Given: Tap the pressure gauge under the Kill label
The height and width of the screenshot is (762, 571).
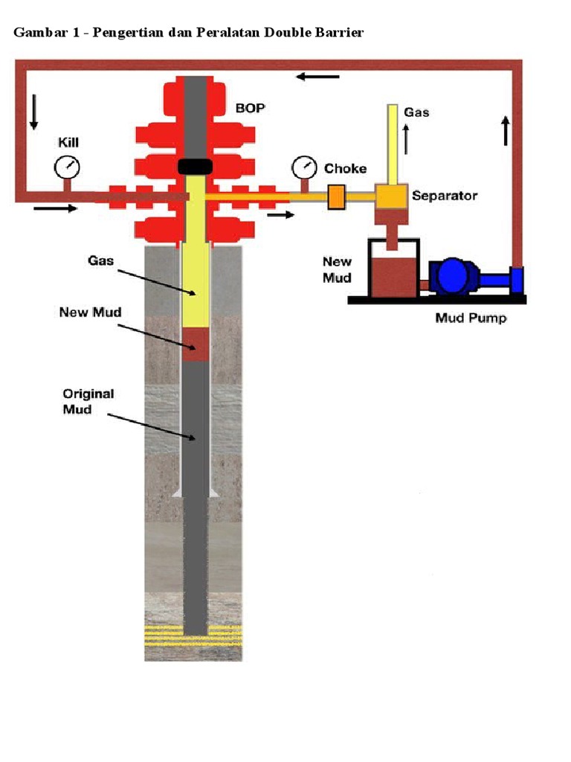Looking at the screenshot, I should [x=67, y=167].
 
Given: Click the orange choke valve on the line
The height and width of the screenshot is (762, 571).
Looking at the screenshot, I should [x=336, y=197].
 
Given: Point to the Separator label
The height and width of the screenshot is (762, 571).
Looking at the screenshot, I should [x=445, y=196].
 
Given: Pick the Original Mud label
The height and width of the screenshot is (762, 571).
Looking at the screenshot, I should [x=88, y=401].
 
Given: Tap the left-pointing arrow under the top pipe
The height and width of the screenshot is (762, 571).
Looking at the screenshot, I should [x=317, y=76].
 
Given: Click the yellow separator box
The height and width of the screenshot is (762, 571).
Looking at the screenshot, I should [x=391, y=196].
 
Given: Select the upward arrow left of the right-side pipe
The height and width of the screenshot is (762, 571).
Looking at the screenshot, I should [x=506, y=131].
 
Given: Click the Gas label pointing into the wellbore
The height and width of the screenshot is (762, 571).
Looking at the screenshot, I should [x=100, y=261].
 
